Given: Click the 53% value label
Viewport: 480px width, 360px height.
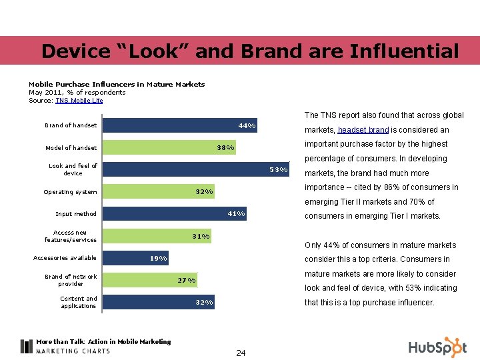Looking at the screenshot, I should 279,169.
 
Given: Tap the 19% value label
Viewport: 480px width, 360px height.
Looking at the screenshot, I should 159,258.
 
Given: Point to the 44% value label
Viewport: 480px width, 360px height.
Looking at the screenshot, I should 247,125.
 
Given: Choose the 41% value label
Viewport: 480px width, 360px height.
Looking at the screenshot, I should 237,214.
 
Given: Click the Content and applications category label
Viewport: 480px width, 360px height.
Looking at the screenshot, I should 78,302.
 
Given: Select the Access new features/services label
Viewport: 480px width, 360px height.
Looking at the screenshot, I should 71,236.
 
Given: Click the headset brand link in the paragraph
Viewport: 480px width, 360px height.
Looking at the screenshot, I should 363,130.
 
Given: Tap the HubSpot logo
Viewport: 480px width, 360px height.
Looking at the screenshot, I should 437,347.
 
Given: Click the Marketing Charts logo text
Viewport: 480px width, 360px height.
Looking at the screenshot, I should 73,351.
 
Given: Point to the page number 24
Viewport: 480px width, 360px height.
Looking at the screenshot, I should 241,353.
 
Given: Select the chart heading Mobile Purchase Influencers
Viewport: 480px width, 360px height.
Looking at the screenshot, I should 117,84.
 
